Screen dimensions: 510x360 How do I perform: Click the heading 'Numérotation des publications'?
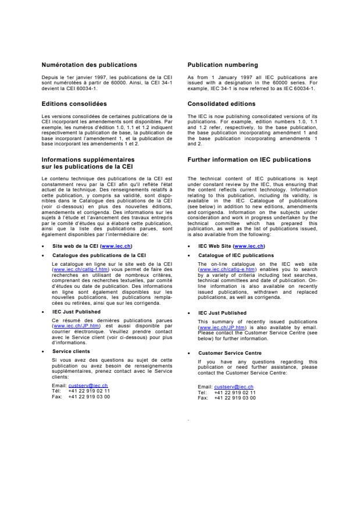pos(89,65)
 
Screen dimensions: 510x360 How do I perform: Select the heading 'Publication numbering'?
pos(223,65)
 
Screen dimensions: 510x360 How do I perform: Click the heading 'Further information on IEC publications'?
pos(249,159)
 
